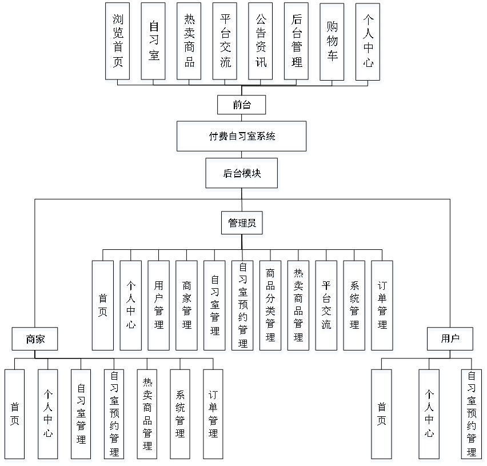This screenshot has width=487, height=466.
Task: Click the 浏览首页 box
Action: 118,43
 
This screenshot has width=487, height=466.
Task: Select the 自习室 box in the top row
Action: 154,43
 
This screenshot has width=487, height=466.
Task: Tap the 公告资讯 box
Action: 261,43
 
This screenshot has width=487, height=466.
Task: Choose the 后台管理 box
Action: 297,43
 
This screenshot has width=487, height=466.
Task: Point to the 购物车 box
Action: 333,43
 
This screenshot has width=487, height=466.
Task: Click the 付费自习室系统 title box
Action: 242,138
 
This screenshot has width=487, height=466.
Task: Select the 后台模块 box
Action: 242,175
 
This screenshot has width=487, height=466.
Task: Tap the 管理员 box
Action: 242,225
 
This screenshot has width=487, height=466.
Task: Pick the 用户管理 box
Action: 159,308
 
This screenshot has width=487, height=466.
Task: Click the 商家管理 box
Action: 187,308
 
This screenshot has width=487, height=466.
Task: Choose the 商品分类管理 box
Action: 271,308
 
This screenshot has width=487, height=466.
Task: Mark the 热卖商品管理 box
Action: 299,308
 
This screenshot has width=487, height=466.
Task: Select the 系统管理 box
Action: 355,308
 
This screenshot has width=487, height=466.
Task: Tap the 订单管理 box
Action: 383,308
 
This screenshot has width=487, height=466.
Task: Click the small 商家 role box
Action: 35,341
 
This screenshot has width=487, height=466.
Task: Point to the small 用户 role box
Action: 450,341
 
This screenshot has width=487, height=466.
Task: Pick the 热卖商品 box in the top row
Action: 190,43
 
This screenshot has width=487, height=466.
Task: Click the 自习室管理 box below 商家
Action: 82,416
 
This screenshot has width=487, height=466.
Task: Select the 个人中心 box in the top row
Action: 369,43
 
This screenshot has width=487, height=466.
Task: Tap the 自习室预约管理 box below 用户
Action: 472,416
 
